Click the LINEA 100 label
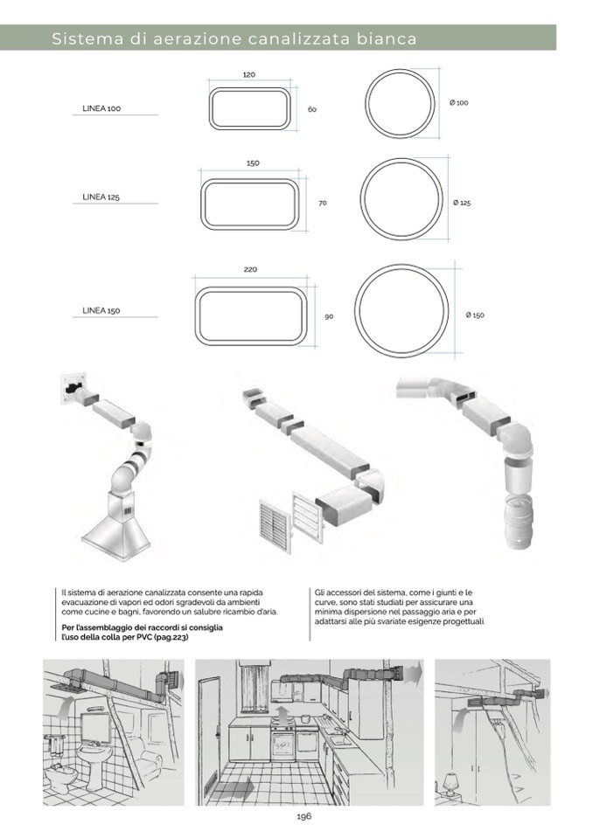point(101,109)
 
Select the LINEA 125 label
point(101,197)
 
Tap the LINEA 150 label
point(101,310)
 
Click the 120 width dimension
point(248,75)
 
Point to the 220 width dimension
point(250,269)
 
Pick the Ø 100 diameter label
point(459,103)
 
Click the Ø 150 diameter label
point(475,315)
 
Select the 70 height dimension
point(323,203)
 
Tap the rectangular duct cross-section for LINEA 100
point(249,108)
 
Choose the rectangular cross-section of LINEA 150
point(252,315)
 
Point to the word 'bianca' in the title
point(381,39)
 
